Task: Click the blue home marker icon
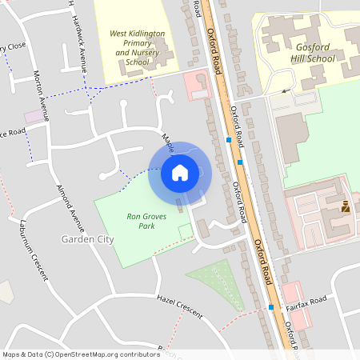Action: (180, 172)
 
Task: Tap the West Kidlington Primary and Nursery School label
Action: (137, 47)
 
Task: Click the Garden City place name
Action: (87, 239)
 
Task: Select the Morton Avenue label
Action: (40, 95)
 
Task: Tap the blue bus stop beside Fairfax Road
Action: (271, 307)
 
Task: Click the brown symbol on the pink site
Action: (346, 207)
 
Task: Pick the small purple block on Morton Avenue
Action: (34, 117)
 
